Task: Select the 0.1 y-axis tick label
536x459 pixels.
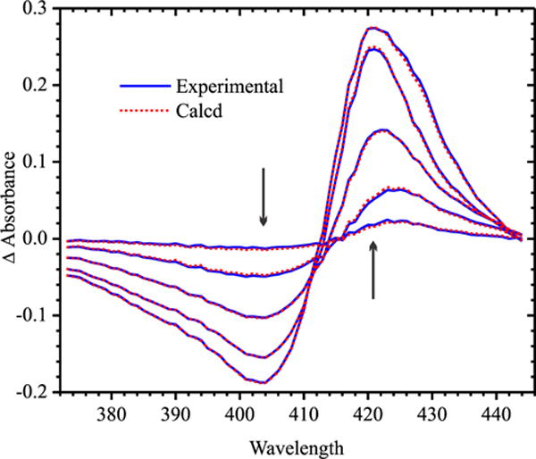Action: (x=38, y=162)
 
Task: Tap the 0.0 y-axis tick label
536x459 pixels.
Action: (x=38, y=238)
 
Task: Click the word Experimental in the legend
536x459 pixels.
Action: (x=230, y=87)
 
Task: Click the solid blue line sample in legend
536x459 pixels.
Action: (x=144, y=87)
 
